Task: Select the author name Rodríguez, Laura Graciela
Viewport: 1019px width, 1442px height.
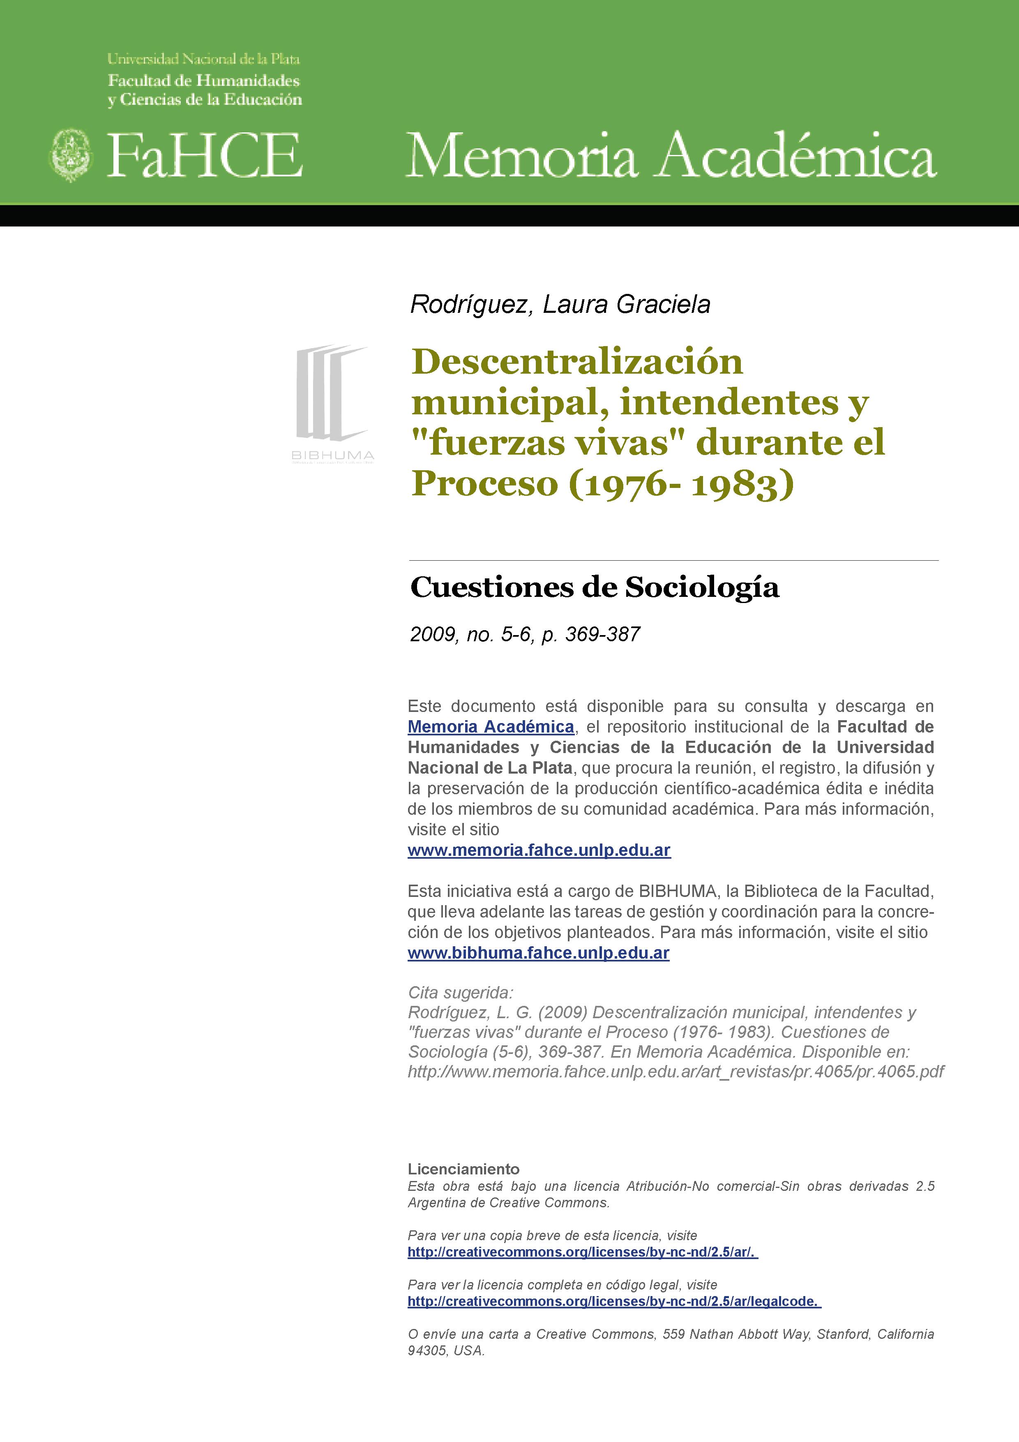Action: point(559,305)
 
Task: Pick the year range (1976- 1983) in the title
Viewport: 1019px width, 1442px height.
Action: point(681,483)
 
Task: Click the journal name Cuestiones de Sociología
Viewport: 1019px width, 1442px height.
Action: point(594,587)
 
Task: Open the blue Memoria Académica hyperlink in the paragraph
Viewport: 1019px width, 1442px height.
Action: point(490,727)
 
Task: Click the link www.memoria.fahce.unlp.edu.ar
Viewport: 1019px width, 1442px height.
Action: point(539,850)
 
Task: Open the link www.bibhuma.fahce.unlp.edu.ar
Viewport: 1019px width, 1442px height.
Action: point(538,953)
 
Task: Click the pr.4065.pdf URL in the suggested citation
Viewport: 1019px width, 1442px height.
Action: point(675,1072)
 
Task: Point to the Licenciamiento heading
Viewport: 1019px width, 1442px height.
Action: point(463,1169)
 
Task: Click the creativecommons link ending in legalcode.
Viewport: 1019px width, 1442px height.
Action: point(613,1301)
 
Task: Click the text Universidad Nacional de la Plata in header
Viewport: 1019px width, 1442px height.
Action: point(203,59)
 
